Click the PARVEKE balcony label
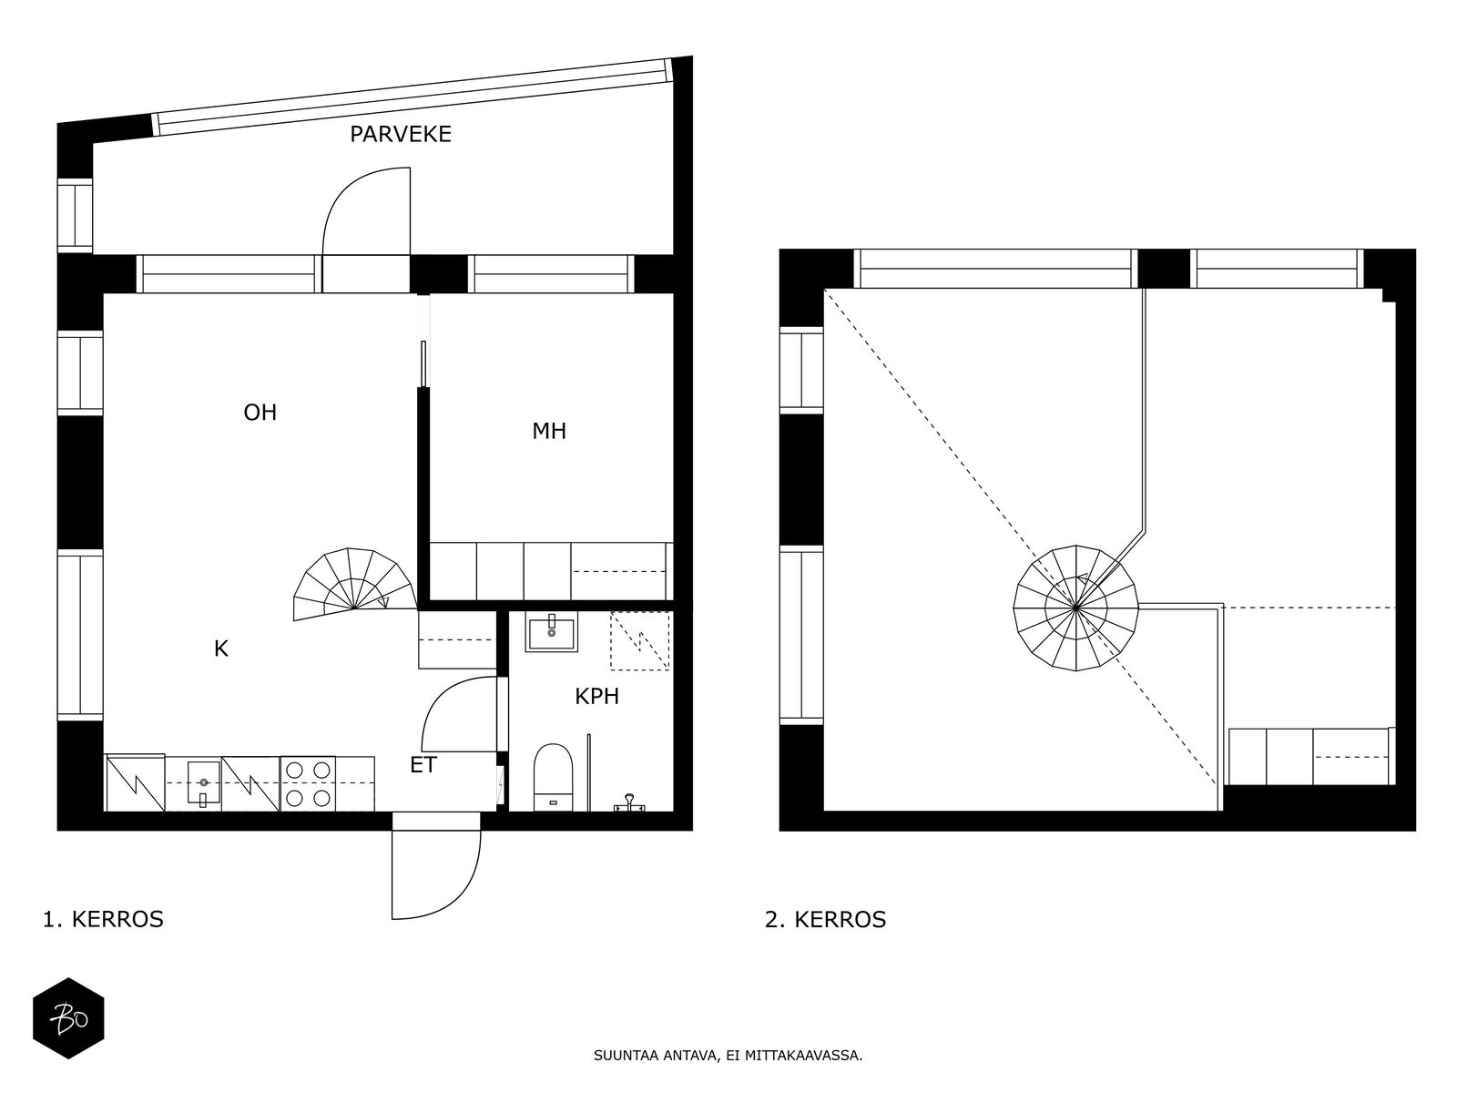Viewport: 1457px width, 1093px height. coord(401,135)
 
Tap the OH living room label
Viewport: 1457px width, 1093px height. coord(260,413)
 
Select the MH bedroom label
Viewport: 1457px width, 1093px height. coord(549,432)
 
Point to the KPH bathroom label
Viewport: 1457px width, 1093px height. coord(596,696)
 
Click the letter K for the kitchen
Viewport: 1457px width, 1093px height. coord(221,649)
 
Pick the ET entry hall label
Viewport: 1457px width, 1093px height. coord(423,765)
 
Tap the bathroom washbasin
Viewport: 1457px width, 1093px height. coord(552,632)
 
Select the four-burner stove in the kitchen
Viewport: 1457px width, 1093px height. coord(307,783)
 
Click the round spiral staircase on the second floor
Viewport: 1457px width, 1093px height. coord(1075,608)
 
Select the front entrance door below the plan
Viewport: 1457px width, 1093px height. coord(436,874)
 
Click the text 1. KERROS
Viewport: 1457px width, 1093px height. coord(103,920)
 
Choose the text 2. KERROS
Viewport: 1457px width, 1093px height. coord(825,920)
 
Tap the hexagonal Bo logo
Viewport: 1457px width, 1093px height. coord(68,1018)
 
